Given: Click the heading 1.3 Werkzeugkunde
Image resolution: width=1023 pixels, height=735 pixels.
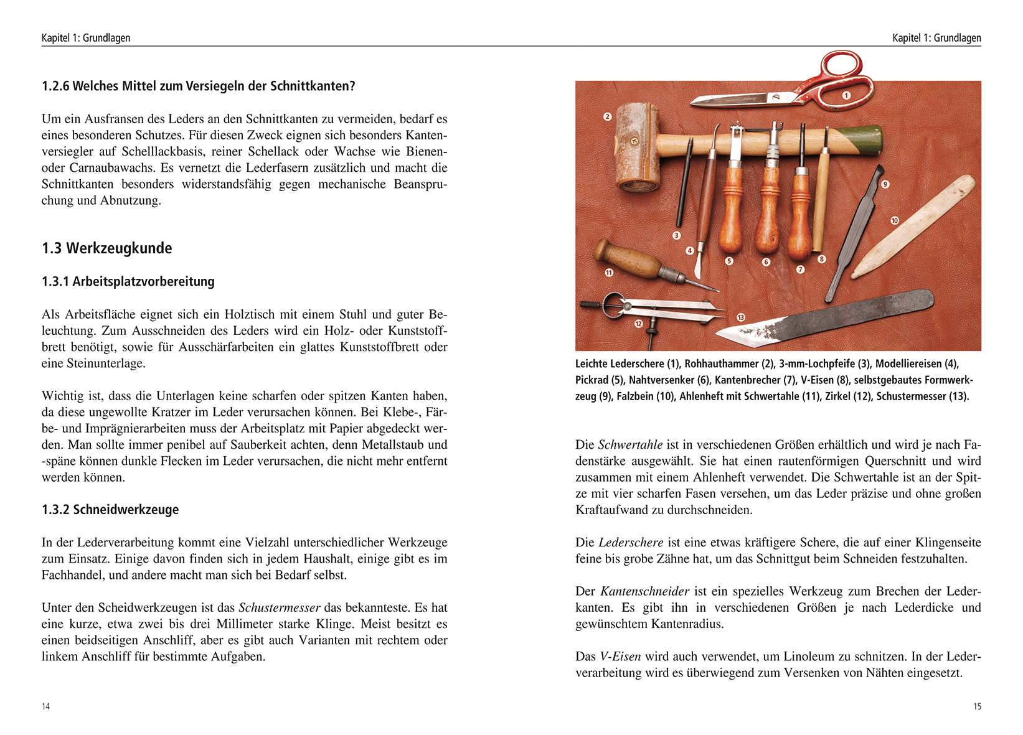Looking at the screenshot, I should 106,248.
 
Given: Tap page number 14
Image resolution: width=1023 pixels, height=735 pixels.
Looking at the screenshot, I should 45,706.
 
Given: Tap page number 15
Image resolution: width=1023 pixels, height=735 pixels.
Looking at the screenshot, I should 977,706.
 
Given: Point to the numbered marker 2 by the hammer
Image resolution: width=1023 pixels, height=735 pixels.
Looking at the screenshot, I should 608,116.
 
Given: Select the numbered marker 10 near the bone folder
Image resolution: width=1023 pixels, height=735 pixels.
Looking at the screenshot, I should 895,220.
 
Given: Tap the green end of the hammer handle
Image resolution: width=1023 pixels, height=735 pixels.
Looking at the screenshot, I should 862,141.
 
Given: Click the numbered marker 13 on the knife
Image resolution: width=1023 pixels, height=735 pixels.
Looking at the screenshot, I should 741,317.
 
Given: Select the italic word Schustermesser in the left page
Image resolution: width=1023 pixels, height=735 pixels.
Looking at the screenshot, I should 280,608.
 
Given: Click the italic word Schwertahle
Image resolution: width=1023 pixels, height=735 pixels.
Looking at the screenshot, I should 630,445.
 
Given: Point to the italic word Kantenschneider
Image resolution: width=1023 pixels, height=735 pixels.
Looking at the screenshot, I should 644,592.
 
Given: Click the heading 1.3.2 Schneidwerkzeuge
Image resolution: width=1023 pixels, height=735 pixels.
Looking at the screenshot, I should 110,510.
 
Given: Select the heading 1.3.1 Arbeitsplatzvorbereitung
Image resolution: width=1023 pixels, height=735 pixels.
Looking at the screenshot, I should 128,281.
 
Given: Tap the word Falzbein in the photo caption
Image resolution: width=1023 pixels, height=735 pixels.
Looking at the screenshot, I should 635,396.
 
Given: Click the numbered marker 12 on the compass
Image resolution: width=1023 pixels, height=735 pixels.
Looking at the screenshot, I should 639,324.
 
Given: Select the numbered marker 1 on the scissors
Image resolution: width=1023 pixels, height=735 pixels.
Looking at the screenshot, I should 846,95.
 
